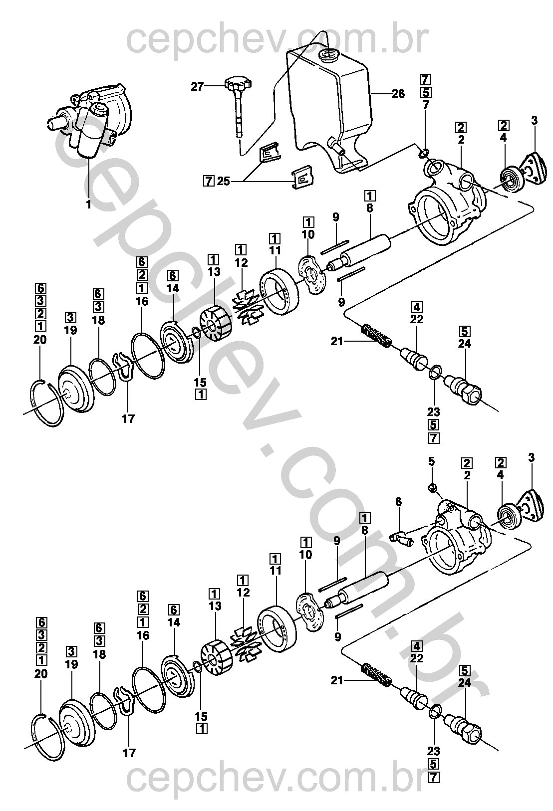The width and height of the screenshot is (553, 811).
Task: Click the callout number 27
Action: [198, 87]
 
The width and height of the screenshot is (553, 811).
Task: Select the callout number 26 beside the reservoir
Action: [398, 93]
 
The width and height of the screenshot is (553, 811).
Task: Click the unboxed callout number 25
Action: [223, 181]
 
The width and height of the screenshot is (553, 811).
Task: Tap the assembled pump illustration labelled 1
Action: [92, 120]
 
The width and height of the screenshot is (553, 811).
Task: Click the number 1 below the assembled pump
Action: [89, 204]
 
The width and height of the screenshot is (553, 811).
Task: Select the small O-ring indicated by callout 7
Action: [425, 152]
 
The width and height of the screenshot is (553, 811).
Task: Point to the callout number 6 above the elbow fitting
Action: [398, 502]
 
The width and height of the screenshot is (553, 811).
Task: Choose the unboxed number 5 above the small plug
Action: [432, 461]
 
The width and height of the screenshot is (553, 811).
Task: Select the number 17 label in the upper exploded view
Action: [128, 419]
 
